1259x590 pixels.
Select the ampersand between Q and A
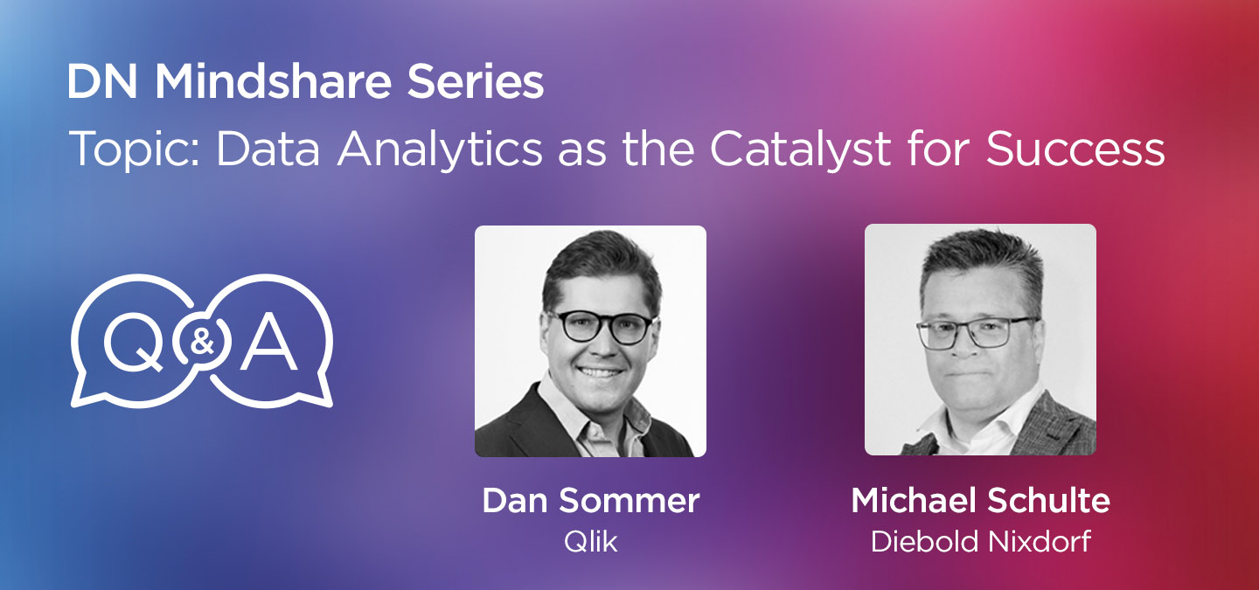click(202, 342)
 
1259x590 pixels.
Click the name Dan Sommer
click(590, 501)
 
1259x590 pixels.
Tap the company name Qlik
click(590, 541)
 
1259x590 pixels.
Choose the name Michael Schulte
click(980, 501)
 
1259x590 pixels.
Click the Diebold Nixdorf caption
click(980, 541)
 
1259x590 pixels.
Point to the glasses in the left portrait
click(601, 326)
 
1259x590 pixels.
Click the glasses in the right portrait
click(977, 331)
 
